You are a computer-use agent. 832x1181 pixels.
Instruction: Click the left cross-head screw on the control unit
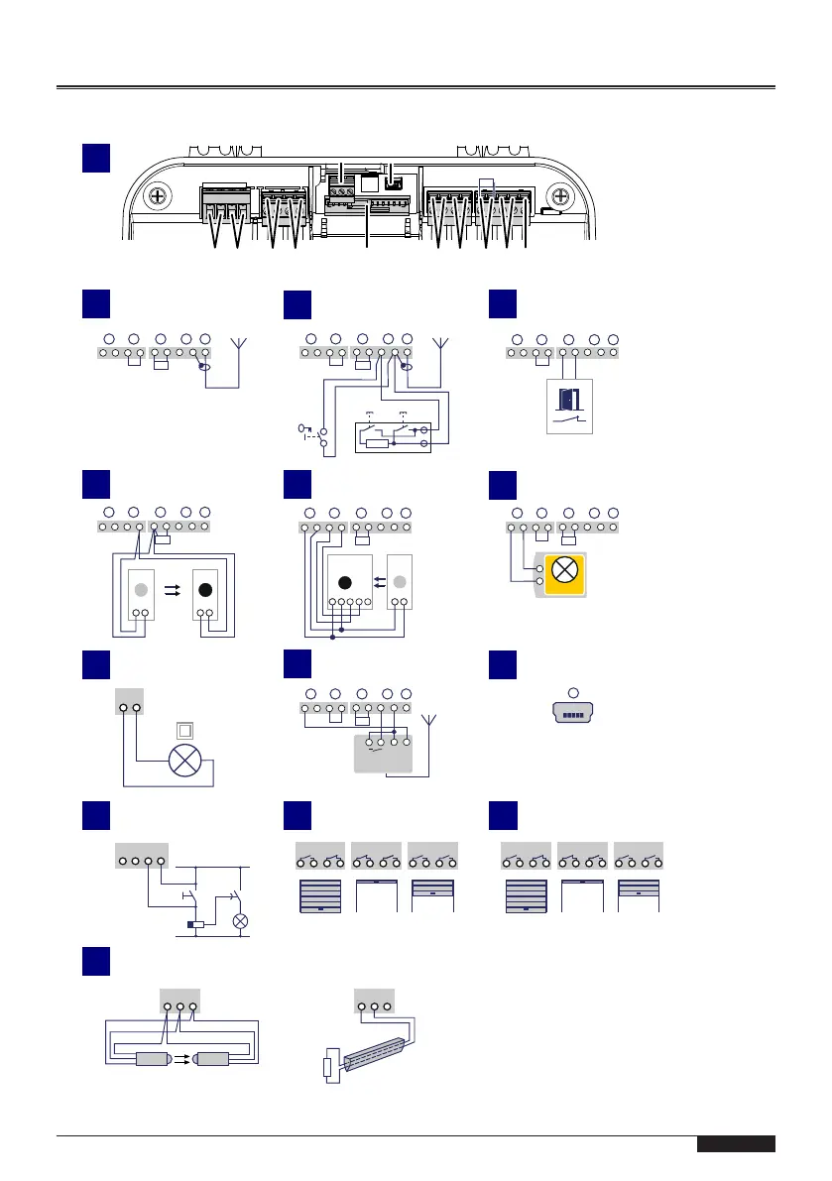(157, 195)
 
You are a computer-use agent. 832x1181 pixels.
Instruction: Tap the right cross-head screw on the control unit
(560, 195)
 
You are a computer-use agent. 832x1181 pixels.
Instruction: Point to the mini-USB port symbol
(571, 713)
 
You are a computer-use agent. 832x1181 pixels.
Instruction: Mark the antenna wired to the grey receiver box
(428, 725)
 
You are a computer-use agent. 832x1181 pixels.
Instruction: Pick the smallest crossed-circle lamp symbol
(239, 920)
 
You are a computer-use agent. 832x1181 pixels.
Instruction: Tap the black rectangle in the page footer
(735, 1144)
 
